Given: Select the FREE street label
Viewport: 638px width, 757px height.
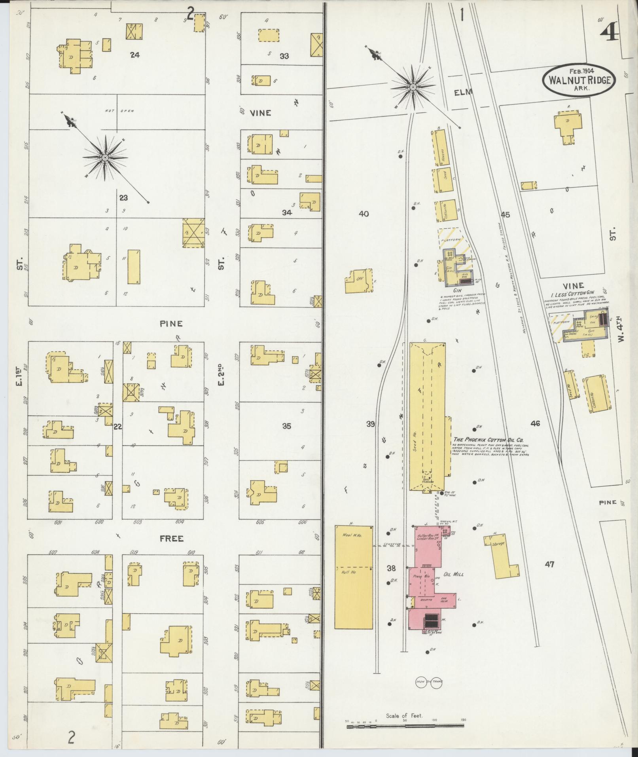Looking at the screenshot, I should (x=172, y=539).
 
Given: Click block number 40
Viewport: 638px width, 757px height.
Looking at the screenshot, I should (x=364, y=214).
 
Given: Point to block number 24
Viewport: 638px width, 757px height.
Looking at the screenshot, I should (x=135, y=55).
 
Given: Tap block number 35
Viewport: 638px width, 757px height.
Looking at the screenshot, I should (x=287, y=426).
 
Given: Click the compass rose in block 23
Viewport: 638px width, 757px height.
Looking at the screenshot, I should (x=105, y=158).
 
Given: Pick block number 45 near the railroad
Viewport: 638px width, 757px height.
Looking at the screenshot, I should (x=505, y=215).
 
